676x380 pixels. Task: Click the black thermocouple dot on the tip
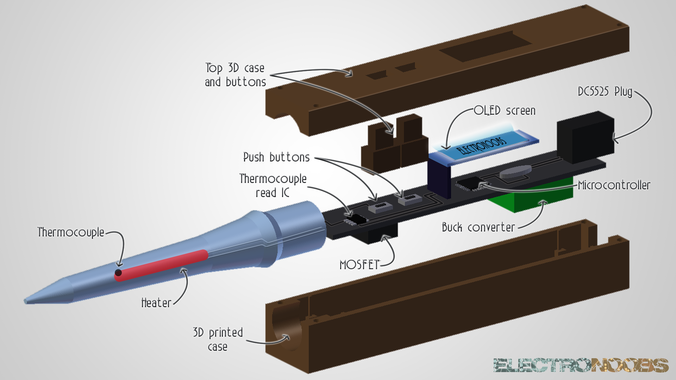[118, 273]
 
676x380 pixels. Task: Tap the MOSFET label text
[359, 265]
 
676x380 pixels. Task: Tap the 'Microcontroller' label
[614, 185]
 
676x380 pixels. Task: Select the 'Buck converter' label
[478, 228]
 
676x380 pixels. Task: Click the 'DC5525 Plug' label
[605, 92]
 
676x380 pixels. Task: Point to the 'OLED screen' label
[505, 111]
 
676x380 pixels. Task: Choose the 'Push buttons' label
[276, 157]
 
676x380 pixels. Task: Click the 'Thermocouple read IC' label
[273, 186]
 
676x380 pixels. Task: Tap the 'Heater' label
[156, 303]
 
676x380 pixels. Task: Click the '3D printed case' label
[218, 340]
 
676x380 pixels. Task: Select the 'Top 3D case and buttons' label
[235, 75]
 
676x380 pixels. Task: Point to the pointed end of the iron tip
[26, 301]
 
